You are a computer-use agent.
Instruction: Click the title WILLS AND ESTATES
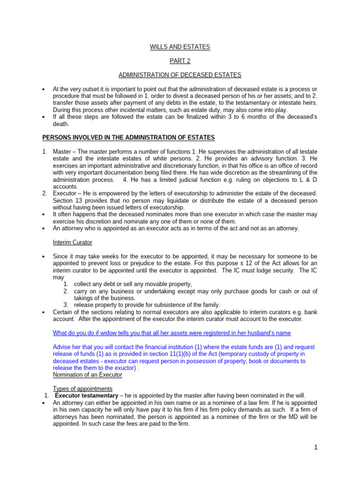click(180, 47)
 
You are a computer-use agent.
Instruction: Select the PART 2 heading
click(180, 61)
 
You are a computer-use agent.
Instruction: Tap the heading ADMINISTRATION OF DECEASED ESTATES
click(180, 75)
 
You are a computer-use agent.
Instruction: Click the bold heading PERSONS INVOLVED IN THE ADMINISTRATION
click(129, 137)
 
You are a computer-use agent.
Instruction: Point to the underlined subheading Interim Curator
click(73, 242)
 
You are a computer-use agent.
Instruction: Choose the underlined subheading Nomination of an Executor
click(88, 375)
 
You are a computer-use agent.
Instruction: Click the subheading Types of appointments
click(82, 389)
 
